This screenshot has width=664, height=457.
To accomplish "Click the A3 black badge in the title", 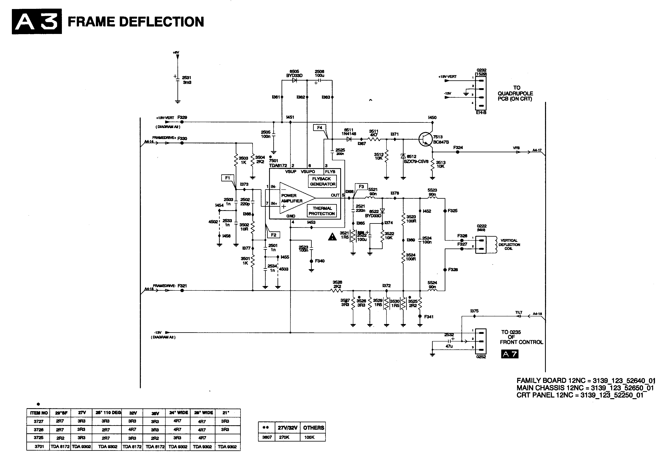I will [x=37, y=21].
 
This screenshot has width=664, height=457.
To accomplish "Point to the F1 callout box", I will [x=227, y=178].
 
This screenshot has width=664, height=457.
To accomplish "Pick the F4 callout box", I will [x=319, y=128].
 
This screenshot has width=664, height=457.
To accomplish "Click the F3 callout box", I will [x=361, y=187].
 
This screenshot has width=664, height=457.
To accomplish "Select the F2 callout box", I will [x=274, y=235].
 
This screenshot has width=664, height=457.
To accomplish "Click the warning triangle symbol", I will [x=332, y=237].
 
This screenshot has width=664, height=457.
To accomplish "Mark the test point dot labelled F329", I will [x=182, y=122].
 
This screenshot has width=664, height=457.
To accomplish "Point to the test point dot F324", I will [x=457, y=152].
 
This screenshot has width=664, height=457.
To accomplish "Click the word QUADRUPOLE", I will [x=515, y=93].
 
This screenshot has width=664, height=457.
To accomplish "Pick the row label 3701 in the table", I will [x=39, y=446].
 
